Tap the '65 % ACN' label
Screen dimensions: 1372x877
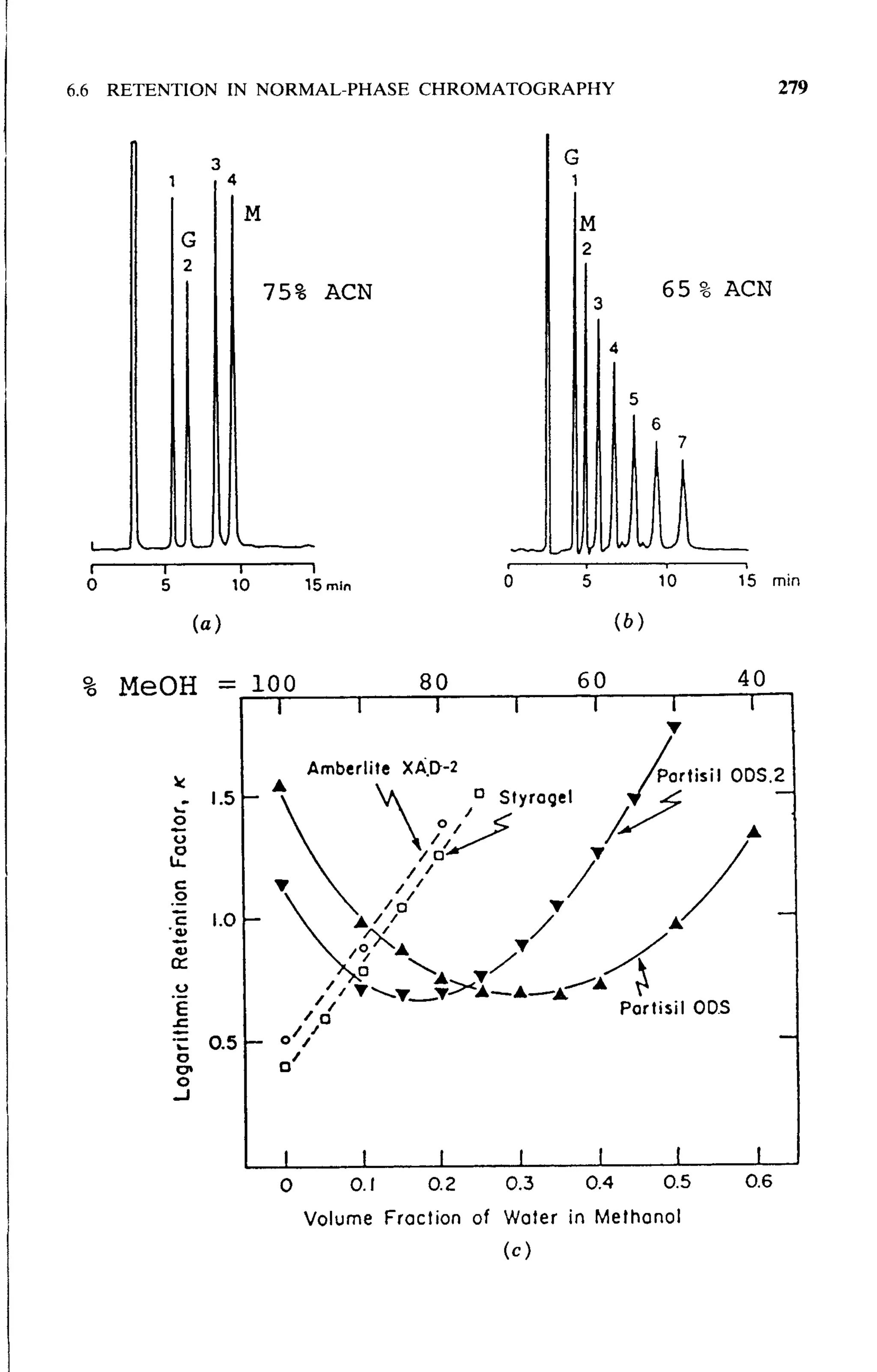[716, 289]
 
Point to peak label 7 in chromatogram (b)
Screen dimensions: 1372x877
[682, 442]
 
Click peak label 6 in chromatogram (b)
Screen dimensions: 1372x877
[656, 424]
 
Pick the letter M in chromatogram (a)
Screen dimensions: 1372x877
[253, 214]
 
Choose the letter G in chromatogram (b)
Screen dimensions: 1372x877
[572, 157]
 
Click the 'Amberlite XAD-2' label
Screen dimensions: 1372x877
[382, 769]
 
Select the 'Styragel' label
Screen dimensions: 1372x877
[535, 798]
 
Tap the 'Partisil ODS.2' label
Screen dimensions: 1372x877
[720, 775]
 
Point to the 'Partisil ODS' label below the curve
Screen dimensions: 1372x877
[675, 1008]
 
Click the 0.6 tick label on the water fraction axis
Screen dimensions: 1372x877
[758, 1182]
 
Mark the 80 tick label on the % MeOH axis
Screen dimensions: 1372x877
[434, 682]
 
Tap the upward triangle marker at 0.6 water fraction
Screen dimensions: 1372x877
[755, 832]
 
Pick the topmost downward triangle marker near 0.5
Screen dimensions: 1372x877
[674, 728]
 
